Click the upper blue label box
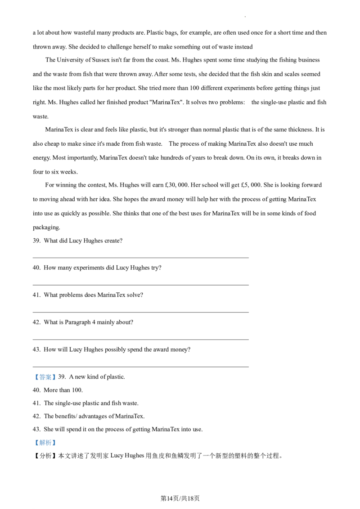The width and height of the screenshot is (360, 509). click(x=45, y=378)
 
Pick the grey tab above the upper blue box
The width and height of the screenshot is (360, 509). click(x=45, y=372)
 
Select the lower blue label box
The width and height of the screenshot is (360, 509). click(x=45, y=443)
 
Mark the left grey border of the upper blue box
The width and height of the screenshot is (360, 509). click(x=33, y=378)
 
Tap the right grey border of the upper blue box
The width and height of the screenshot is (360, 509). click(x=57, y=378)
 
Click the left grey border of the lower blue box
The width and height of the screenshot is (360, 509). click(x=33, y=443)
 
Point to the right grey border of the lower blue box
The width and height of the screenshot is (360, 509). click(x=57, y=443)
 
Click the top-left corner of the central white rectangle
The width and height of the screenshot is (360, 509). click(x=126, y=274)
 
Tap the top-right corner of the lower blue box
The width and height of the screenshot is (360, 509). click(x=57, y=440)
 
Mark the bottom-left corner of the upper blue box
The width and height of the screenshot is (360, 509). click(x=33, y=381)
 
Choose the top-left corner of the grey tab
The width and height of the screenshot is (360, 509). click(x=40, y=371)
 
